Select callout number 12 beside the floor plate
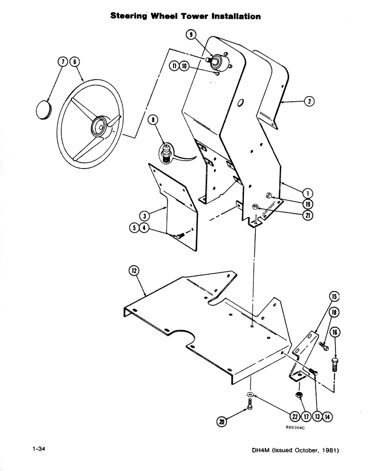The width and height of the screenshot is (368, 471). [x=134, y=270]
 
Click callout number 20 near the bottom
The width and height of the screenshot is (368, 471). [x=220, y=422]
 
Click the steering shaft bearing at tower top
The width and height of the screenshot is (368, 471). [x=218, y=60]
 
